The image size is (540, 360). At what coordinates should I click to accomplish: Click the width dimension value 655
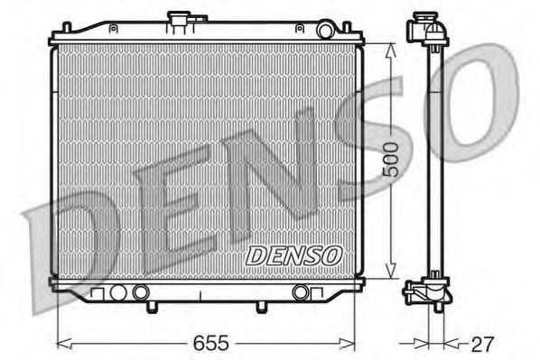coord(209,343)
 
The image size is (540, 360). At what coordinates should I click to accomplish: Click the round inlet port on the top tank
coord(325,32)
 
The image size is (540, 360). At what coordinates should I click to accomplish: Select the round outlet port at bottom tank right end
coord(302,292)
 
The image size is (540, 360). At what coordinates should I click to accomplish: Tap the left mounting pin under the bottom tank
coord(149,307)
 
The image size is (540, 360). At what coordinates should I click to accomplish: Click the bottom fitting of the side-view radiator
coord(427,293)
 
